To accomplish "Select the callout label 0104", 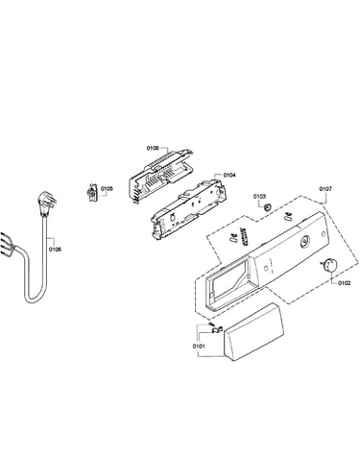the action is (x=229, y=175).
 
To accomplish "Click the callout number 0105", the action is (x=107, y=189).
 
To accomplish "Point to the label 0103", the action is (x=259, y=196).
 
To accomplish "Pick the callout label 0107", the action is (x=325, y=189).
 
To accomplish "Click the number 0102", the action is (x=344, y=283).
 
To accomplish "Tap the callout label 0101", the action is (x=199, y=347).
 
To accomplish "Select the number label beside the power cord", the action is (x=55, y=250).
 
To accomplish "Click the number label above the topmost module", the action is (x=153, y=148).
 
